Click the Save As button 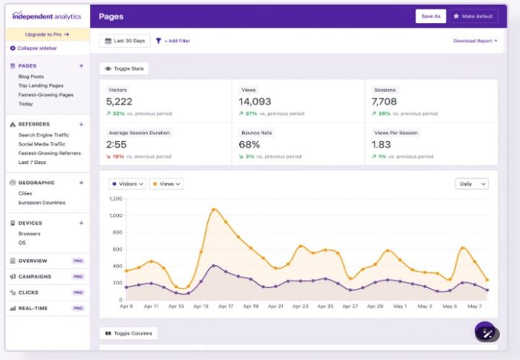pos(431,16)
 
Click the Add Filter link pos(172,41)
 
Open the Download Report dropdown pos(475,41)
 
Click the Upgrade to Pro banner pos(47,34)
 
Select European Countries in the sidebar pos(42,203)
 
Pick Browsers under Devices pos(30,234)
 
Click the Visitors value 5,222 pos(119,102)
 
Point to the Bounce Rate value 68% pos(249,145)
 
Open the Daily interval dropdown pos(472,183)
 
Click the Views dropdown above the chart pos(166,183)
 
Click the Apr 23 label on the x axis pos(300,306)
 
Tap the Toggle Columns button pos(129,333)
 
